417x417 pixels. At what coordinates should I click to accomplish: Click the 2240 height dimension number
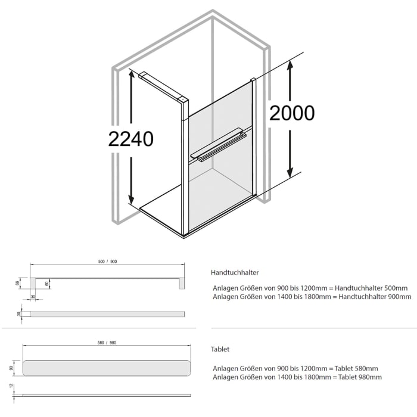[131, 139]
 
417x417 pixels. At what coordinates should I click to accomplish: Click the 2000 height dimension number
[292, 113]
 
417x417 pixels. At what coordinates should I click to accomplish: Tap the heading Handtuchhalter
[235, 272]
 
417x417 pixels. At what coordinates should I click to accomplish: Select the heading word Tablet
[220, 349]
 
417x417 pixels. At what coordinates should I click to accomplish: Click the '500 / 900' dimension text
[107, 262]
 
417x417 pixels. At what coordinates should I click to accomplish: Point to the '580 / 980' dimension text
[107, 343]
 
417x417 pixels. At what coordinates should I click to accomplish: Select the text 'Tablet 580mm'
[357, 368]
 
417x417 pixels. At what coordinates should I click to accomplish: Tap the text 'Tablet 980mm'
[357, 377]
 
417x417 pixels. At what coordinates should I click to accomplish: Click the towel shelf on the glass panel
[217, 145]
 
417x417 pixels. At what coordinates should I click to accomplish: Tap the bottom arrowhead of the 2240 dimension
[132, 200]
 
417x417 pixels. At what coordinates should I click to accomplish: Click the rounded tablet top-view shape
[107, 368]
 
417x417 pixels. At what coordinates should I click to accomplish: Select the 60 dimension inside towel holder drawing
[46, 284]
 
